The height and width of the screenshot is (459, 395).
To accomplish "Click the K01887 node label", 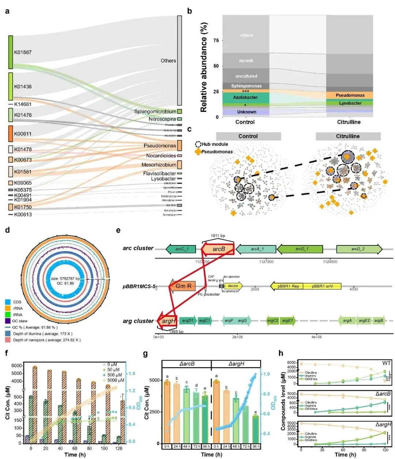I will click(x=23, y=52).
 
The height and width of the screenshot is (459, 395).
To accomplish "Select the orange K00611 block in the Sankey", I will click(x=11, y=134).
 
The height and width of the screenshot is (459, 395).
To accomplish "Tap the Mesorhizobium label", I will click(x=159, y=165).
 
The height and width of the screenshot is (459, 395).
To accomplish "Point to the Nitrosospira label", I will click(x=162, y=119).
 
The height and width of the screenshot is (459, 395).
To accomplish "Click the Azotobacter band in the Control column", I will click(x=245, y=97).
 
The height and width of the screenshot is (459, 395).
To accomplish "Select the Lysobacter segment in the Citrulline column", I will click(x=350, y=103).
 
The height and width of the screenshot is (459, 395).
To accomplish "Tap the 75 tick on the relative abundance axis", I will click(x=216, y=40).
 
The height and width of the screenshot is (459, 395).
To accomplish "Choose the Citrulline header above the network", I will click(x=348, y=136).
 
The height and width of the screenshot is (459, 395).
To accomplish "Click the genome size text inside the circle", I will click(x=65, y=278).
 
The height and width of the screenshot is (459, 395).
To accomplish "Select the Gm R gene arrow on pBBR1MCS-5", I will click(x=182, y=286).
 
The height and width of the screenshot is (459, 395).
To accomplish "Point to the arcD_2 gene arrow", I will click(x=359, y=249).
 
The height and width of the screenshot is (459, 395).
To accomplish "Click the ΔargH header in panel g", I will click(x=236, y=364).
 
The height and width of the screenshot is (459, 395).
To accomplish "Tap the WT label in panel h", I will click(x=386, y=363).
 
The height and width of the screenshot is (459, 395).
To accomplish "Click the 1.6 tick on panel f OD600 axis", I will click(x=131, y=374).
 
